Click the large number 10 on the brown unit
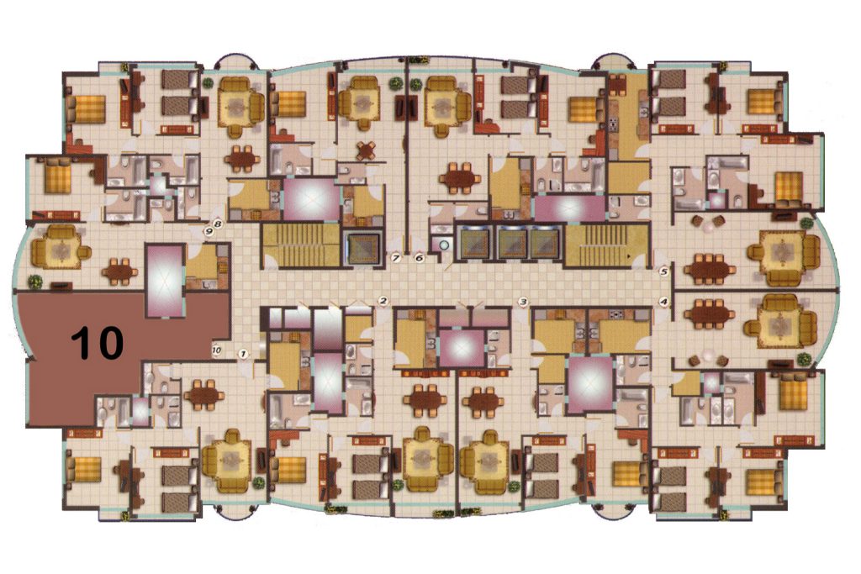click(x=98, y=342)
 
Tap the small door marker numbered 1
click(x=243, y=354)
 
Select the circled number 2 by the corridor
click(x=383, y=300)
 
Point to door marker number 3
click(x=523, y=301)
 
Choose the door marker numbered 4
click(x=664, y=301)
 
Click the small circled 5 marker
click(x=664, y=271)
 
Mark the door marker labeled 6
click(x=420, y=257)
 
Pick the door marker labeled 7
click(x=395, y=257)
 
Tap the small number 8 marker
click(x=218, y=224)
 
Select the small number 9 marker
click(x=209, y=231)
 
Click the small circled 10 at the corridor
click(x=216, y=350)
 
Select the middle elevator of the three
click(x=512, y=243)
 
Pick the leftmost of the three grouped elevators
click(x=476, y=243)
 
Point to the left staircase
click(x=300, y=245)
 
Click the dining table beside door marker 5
click(x=709, y=269)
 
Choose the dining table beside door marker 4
click(x=709, y=314)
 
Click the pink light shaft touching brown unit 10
click(x=164, y=281)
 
